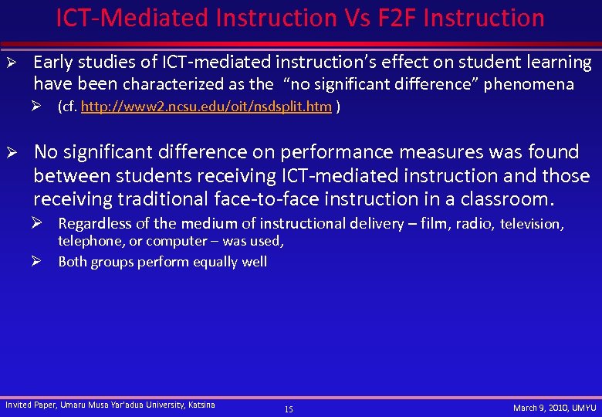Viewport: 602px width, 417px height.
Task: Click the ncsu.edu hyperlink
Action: [x=206, y=107]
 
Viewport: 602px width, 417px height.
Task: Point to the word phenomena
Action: [x=529, y=83]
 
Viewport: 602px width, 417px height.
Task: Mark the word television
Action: [x=533, y=224]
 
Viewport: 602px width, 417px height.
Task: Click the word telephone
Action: [x=90, y=241]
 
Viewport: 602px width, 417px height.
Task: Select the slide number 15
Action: [x=289, y=409]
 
